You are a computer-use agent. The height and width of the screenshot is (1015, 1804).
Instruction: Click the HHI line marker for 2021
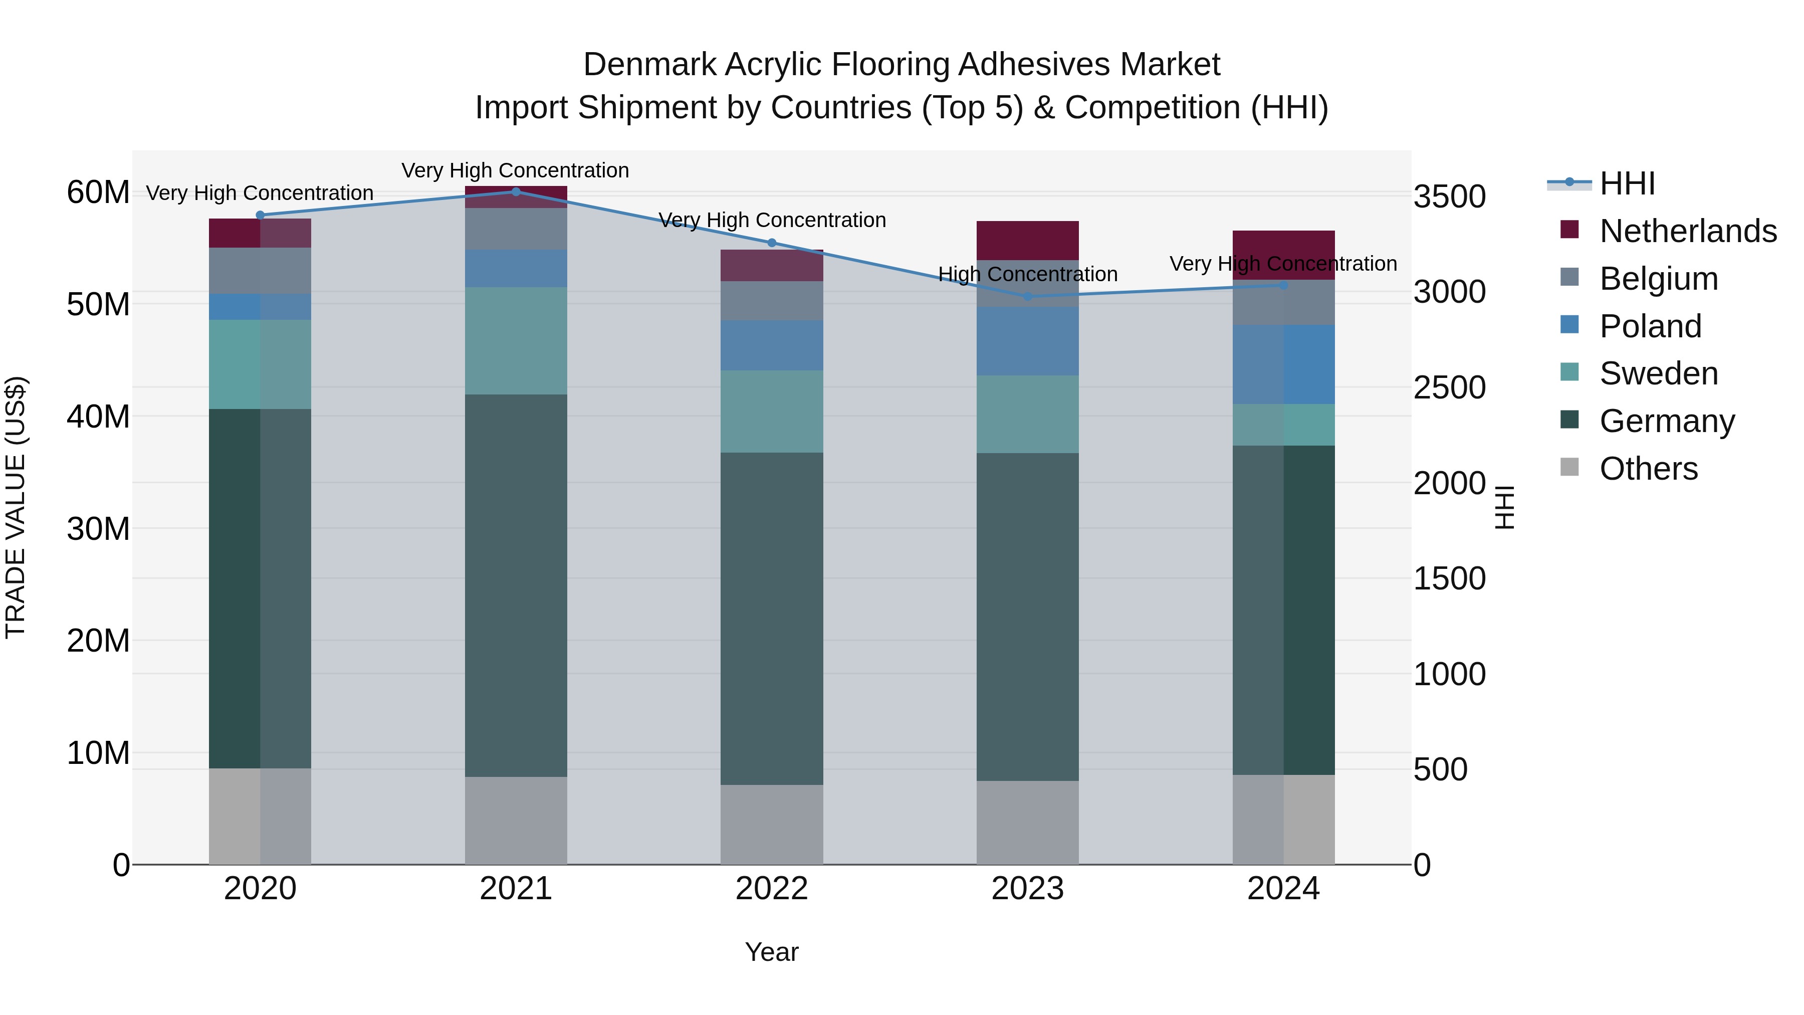point(516,191)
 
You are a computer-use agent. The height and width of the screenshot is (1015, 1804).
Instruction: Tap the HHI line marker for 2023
point(1027,296)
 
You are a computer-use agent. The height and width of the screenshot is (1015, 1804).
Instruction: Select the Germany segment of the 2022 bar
point(772,618)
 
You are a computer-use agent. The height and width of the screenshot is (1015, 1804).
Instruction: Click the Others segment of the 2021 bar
point(516,820)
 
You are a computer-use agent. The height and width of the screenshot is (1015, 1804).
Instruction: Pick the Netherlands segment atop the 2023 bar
point(1027,240)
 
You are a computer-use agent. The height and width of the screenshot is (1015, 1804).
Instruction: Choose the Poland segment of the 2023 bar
point(1027,341)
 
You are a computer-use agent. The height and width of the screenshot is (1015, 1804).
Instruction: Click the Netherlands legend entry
point(1688,231)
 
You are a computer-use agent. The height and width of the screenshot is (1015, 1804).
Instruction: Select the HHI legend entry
point(1627,183)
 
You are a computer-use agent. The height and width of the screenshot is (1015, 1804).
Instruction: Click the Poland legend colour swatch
point(1570,325)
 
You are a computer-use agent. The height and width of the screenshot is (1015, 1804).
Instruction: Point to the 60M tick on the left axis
point(98,192)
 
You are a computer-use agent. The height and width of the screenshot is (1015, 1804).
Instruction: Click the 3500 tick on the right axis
point(1449,197)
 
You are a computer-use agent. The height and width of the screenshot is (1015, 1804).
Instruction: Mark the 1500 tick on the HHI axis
point(1449,578)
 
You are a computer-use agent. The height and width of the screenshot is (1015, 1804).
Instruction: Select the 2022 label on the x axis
point(772,889)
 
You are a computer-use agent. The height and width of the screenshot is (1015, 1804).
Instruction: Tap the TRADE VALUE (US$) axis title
point(16,507)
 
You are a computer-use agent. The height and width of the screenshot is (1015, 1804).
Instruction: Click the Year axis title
point(772,952)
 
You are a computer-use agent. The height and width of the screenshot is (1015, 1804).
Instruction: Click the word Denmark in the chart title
point(648,65)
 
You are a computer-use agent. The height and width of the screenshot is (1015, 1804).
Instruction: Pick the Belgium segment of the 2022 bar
point(772,301)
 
